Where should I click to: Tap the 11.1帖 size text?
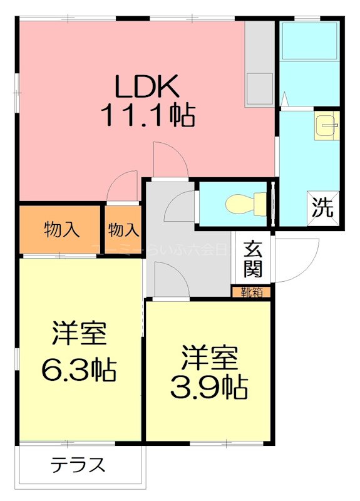147,115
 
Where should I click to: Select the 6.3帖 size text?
79,370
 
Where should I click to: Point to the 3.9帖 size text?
209,388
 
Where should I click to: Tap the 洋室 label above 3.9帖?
209,358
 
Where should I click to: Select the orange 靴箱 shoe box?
252,292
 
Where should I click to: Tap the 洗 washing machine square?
323,207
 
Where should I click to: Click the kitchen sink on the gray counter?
259,88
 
